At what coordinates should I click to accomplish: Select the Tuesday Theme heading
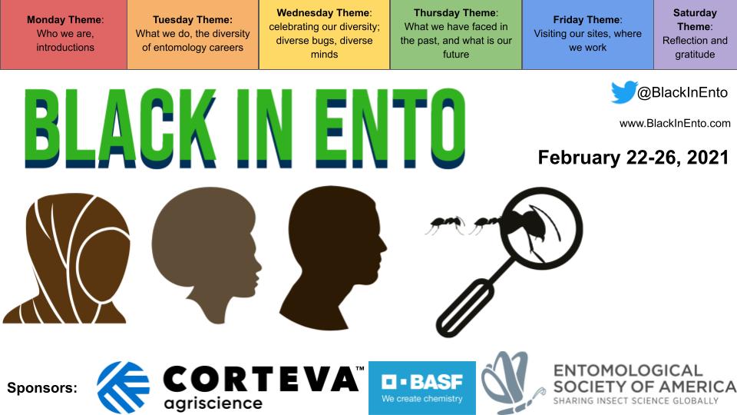[x=193, y=19]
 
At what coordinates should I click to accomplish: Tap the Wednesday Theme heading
[x=324, y=13]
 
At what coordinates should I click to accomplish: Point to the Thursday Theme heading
[x=455, y=13]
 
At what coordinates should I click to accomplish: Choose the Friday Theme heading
[x=587, y=19]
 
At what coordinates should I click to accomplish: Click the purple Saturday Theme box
[x=695, y=35]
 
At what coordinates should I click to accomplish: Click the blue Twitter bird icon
[x=623, y=92]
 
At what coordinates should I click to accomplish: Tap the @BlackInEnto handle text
[x=682, y=93]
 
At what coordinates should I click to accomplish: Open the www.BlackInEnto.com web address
[x=675, y=123]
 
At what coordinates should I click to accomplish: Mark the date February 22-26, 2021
[x=633, y=157]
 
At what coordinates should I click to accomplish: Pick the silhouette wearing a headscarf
[x=65, y=257]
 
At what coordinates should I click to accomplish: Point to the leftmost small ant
[x=444, y=225]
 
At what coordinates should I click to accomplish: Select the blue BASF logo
[x=421, y=387]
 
